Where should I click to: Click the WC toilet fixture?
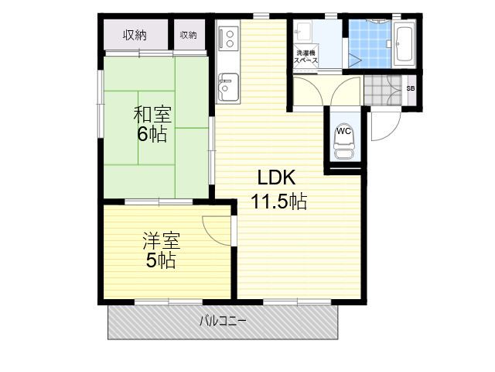click(x=343, y=141)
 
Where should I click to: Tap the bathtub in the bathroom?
click(x=404, y=44)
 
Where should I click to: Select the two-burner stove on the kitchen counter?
click(x=229, y=39)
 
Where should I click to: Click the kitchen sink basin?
click(x=228, y=87)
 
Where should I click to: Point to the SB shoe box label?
click(x=411, y=88)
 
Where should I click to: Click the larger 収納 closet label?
click(x=135, y=35)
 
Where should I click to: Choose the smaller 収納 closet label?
click(x=189, y=35)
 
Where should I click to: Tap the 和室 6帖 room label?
click(x=152, y=124)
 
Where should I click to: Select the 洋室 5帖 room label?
click(x=162, y=250)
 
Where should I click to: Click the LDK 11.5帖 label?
click(x=278, y=189)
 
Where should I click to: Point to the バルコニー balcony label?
click(x=223, y=322)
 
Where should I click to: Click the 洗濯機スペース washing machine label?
click(x=306, y=57)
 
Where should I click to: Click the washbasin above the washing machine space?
click(x=302, y=31)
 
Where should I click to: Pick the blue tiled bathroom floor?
click(x=370, y=44)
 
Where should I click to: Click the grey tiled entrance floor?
click(x=383, y=90)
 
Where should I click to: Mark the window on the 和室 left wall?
click(x=101, y=104)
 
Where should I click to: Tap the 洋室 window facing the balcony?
click(x=169, y=301)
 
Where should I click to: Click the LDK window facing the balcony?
click(x=297, y=301)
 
